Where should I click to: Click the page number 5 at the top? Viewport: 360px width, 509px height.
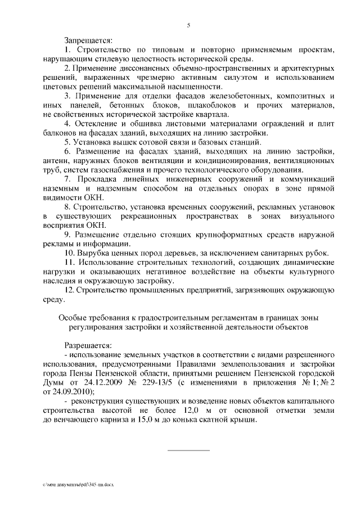point(188,24)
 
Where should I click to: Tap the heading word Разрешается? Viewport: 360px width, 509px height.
point(88,345)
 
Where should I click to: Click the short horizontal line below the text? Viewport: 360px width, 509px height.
point(188,450)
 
